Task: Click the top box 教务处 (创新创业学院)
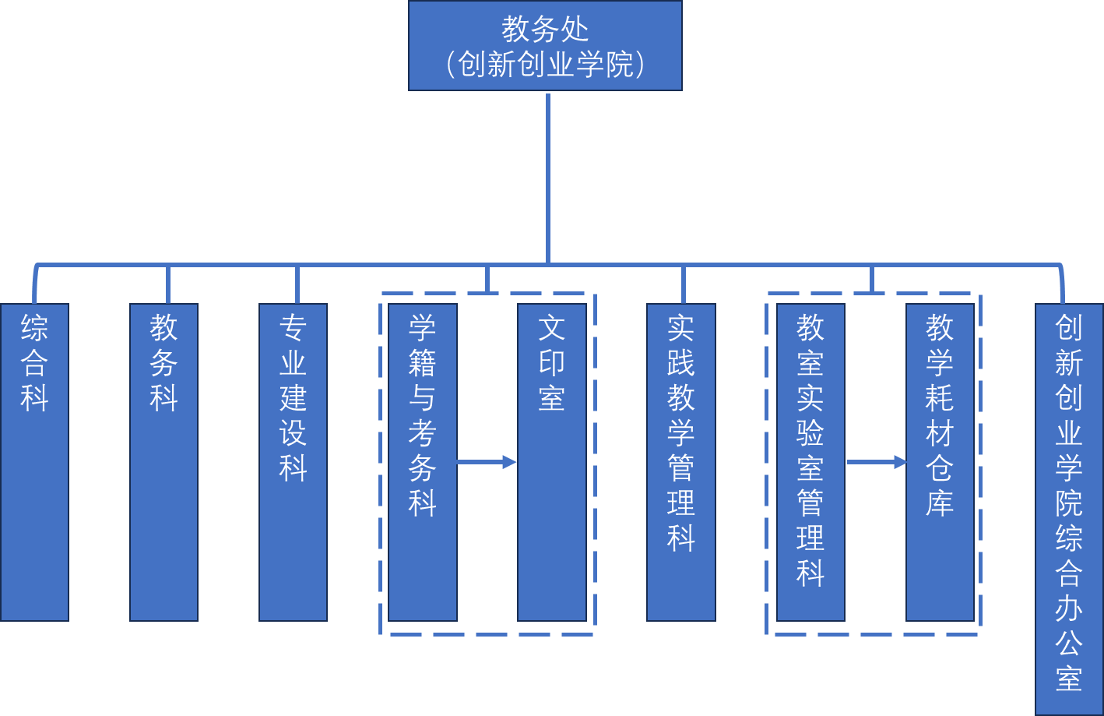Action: click(545, 46)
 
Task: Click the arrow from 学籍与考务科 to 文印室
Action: click(487, 462)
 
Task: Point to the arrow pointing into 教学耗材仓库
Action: click(877, 462)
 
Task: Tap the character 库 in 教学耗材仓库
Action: click(940, 503)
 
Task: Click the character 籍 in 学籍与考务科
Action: click(422, 363)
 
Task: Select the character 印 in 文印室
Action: click(551, 363)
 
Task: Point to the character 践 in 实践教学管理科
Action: click(680, 363)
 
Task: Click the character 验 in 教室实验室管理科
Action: click(810, 433)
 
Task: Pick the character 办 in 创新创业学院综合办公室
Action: click(1069, 608)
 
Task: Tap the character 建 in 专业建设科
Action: click(293, 398)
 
